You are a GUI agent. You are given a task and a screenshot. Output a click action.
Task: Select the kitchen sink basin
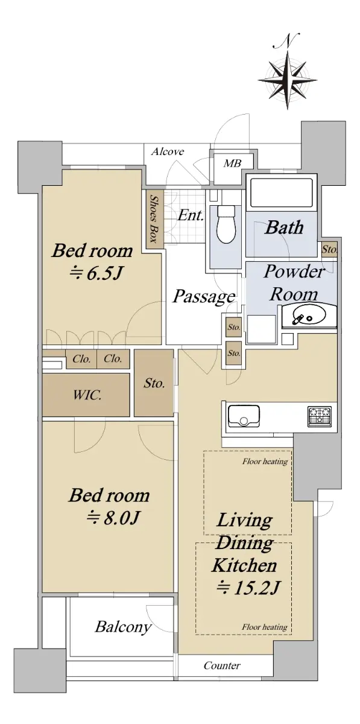[x=244, y=416]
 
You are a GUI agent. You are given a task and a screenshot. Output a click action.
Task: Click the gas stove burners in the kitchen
[x=320, y=416]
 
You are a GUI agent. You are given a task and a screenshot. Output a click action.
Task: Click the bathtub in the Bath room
[x=280, y=192]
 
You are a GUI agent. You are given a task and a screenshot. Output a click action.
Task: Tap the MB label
[x=233, y=164]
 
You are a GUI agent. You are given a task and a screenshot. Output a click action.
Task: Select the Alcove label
[x=168, y=151]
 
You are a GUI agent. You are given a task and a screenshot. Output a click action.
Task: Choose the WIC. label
[x=87, y=395]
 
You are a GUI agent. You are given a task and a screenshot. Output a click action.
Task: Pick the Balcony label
[x=124, y=627]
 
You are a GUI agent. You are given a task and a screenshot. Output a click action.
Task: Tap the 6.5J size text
[x=96, y=274]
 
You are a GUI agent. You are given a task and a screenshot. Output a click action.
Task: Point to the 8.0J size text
[x=113, y=518]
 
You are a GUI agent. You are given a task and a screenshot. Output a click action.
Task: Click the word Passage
[x=204, y=297]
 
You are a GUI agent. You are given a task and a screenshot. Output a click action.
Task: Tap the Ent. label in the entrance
[x=191, y=215]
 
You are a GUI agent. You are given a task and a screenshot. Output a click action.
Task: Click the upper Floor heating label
[x=265, y=461]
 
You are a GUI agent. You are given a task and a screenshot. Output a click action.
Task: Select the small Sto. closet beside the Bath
[x=329, y=249]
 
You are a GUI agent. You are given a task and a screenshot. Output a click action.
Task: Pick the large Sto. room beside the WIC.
[x=154, y=383]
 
